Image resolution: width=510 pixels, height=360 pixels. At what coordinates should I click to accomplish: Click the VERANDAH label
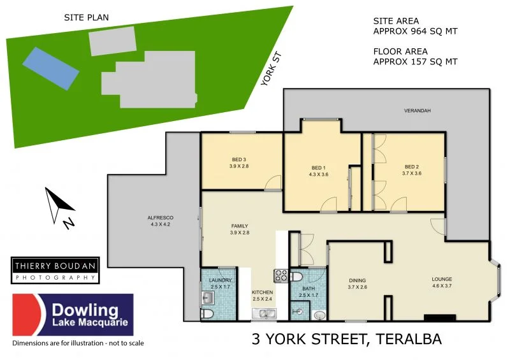tap(418, 111)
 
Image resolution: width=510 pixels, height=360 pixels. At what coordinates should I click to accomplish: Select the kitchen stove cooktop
tap(281, 275)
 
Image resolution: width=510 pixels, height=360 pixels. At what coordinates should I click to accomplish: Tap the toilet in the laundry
tap(207, 313)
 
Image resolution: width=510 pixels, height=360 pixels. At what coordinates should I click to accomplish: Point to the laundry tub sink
tap(208, 298)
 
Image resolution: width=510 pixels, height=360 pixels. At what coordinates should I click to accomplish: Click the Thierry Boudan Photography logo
tap(55, 270)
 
